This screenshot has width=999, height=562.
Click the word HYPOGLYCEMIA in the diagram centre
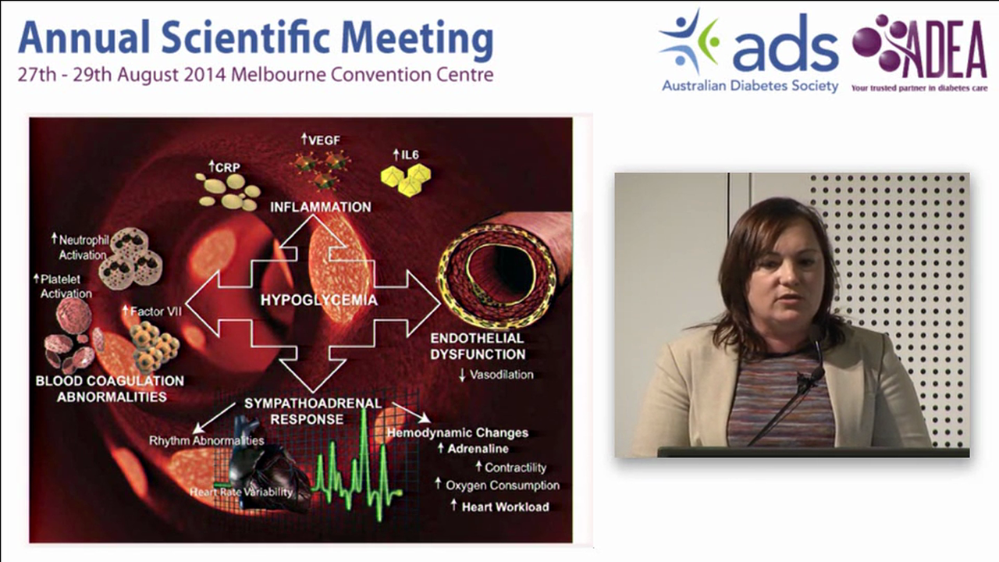click(318, 300)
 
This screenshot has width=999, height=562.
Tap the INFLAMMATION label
click(320, 207)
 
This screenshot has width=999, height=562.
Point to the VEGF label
click(322, 140)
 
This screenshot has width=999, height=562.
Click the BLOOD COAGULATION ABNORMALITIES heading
click(110, 388)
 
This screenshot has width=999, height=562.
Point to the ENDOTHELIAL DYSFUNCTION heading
click(478, 346)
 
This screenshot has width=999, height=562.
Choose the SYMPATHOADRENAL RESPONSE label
click(312, 411)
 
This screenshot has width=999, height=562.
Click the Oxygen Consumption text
click(502, 486)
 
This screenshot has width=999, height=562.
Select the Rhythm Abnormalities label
click(207, 440)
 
